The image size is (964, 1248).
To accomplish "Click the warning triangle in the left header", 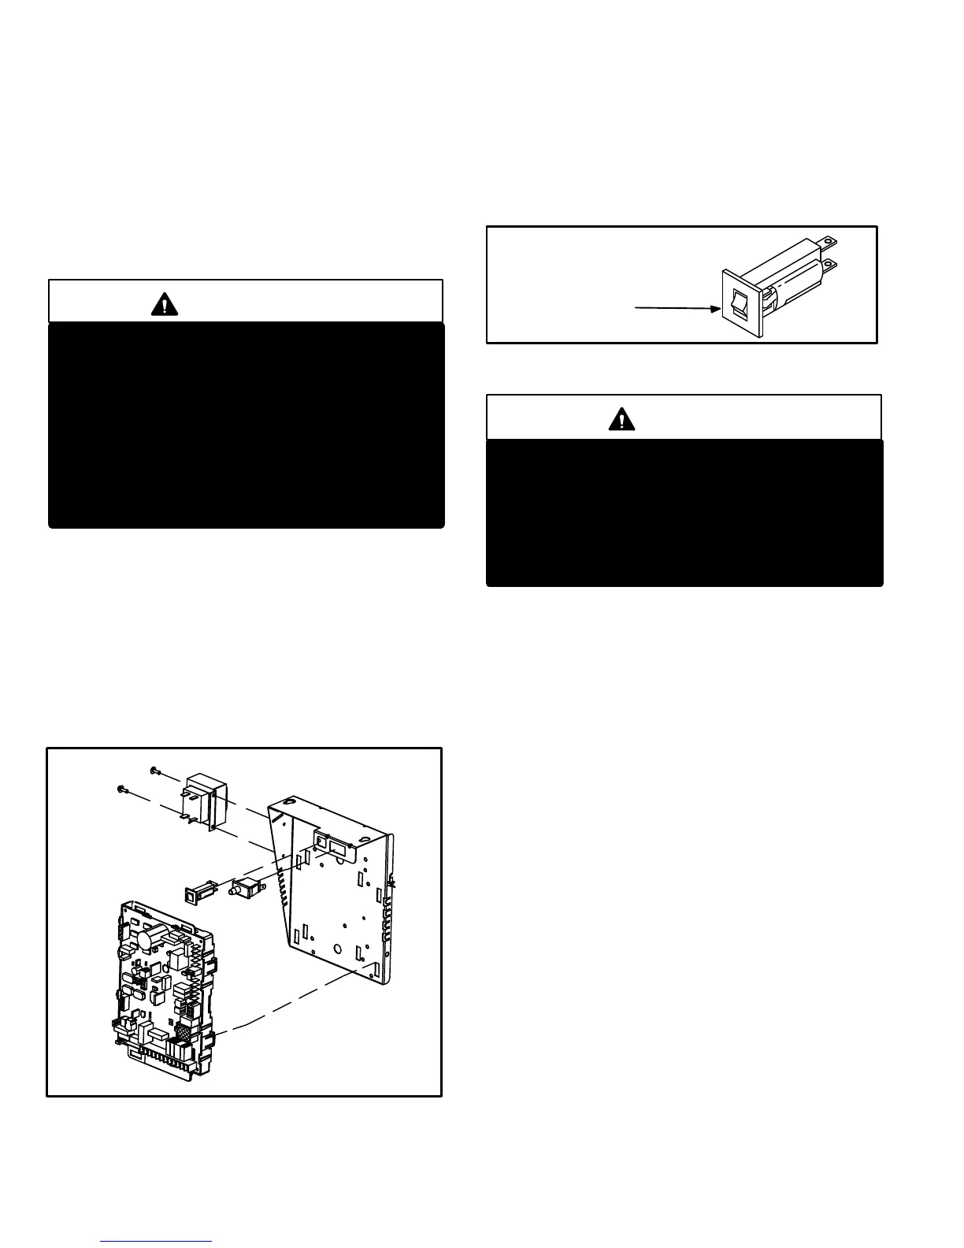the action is click(x=165, y=303).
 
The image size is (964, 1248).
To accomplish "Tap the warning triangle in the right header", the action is click(x=622, y=419).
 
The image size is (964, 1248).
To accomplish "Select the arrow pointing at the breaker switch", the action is click(x=677, y=308).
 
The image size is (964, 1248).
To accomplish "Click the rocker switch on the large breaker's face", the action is click(x=740, y=303).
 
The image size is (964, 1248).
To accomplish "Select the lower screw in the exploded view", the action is click(x=121, y=787).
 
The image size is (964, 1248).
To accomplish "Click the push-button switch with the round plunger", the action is click(x=245, y=889).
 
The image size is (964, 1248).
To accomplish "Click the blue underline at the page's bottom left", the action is click(x=157, y=1241).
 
